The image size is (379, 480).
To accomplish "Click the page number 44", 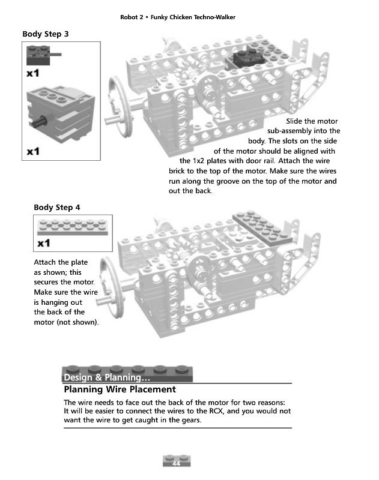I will (176, 464).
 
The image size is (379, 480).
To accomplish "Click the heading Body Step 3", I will (46, 34).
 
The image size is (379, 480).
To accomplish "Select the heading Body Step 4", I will (57, 208).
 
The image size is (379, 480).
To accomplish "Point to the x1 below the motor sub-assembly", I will (34, 151).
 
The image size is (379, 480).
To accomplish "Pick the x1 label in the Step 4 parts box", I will (43, 244).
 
